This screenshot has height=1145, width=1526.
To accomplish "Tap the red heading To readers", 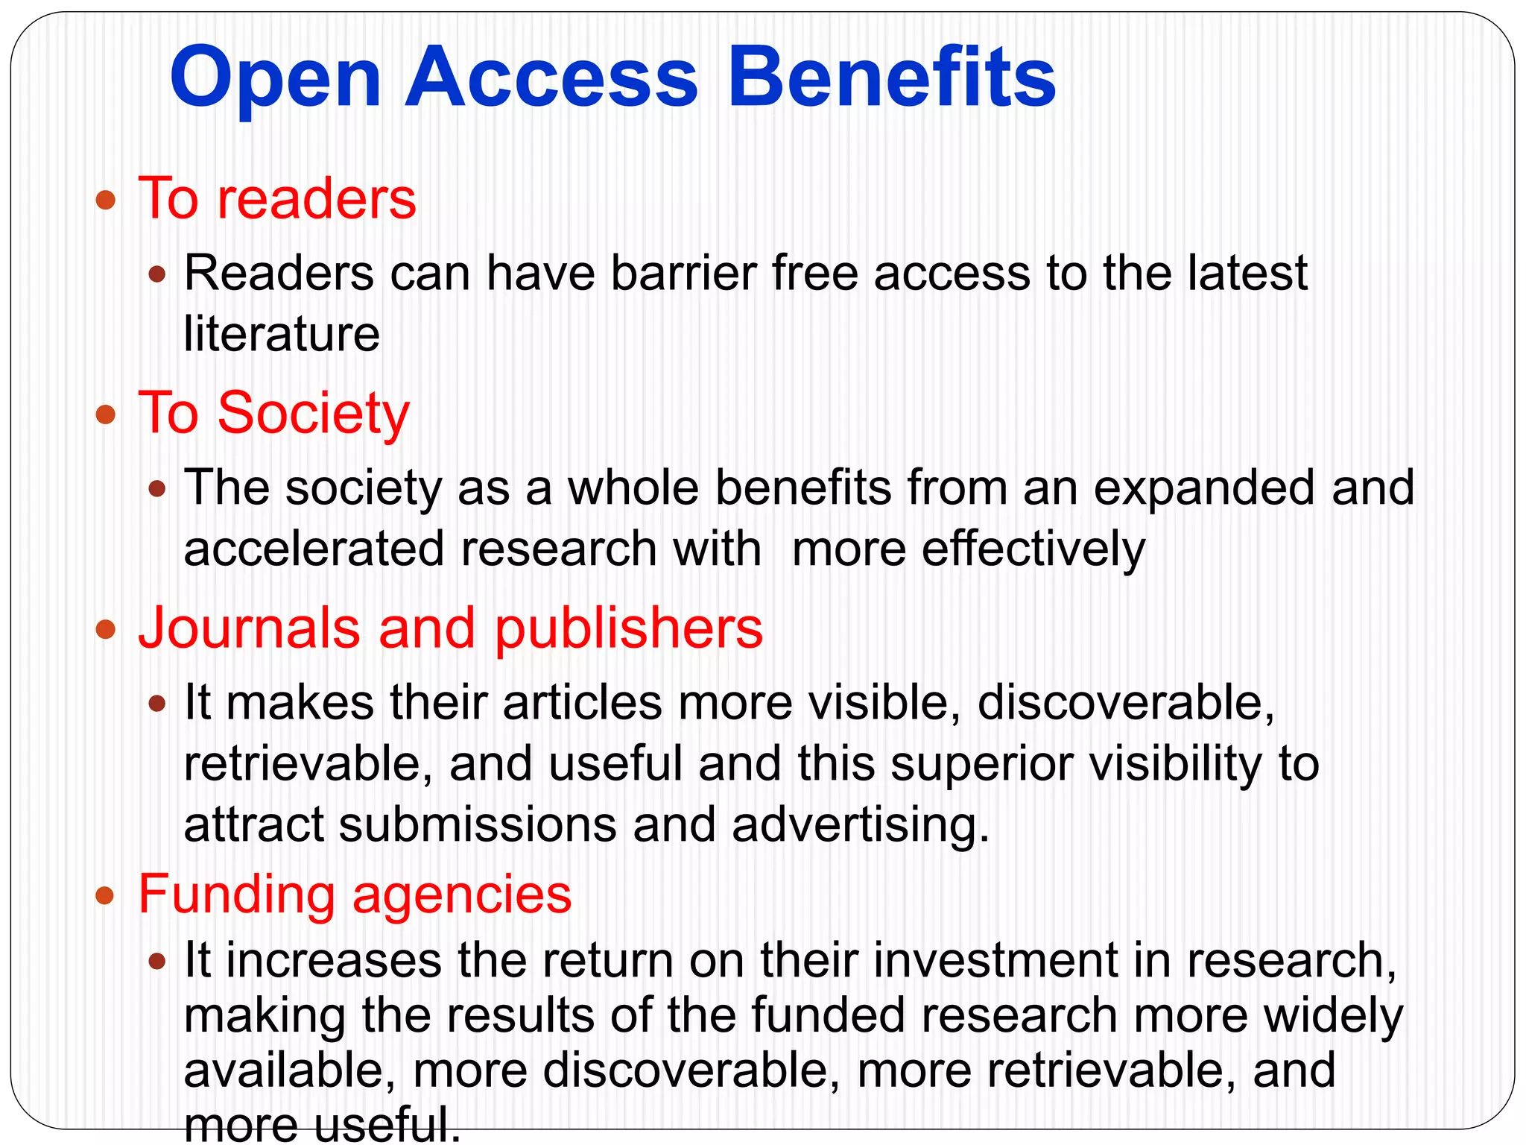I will [x=277, y=199].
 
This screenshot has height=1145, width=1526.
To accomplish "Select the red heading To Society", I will [x=274, y=414].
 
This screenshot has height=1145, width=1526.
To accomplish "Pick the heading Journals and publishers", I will [x=451, y=628].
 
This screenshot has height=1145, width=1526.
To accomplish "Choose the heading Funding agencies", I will [x=355, y=894].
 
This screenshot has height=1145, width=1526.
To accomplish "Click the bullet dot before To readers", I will [x=107, y=200].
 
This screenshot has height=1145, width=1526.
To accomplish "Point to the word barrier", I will [x=683, y=273].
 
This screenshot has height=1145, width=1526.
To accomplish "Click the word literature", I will [x=282, y=334].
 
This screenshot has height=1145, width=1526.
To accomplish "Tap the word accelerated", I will [x=314, y=549].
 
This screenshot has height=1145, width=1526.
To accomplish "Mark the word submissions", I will [x=478, y=825].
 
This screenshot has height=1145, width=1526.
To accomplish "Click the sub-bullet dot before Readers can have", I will [x=156, y=275].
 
